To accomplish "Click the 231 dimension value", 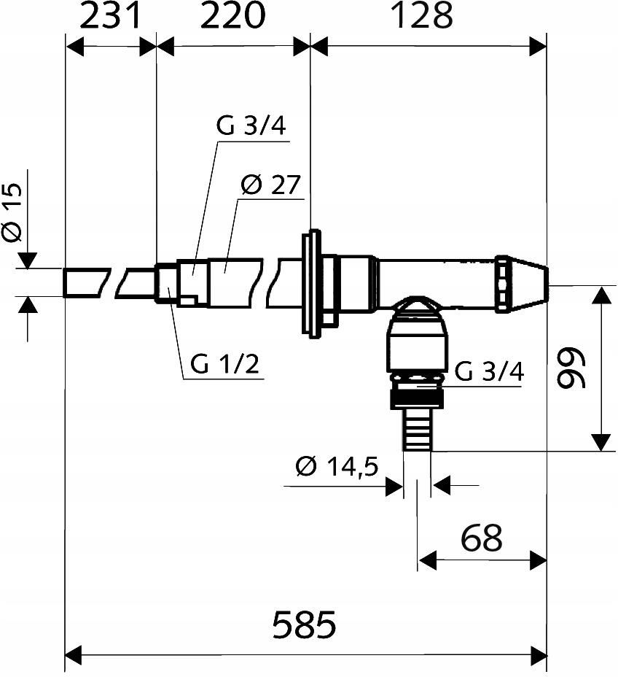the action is tap(110, 16).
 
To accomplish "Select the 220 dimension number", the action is tap(232, 16).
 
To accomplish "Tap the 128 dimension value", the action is tap(423, 16).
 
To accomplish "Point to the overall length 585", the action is tap(304, 624).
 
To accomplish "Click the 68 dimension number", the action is tap(482, 538).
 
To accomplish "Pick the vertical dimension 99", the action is tap(571, 368).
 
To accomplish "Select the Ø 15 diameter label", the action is tap(12, 212).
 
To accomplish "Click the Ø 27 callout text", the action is tap(270, 185).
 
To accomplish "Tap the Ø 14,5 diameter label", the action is tap(337, 466).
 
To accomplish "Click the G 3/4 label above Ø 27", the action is tap(251, 126).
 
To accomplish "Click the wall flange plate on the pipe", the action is tap(311, 284).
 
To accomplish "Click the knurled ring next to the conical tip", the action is tap(502, 284).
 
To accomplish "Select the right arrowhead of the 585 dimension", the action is tap(539, 656).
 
